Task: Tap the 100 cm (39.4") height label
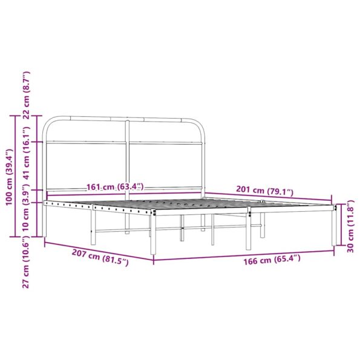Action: click(8, 177)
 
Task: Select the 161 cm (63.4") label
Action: click(116, 186)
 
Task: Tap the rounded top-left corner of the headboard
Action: click(48, 122)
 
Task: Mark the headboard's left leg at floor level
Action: click(44, 233)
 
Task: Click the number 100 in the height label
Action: click(8, 197)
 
